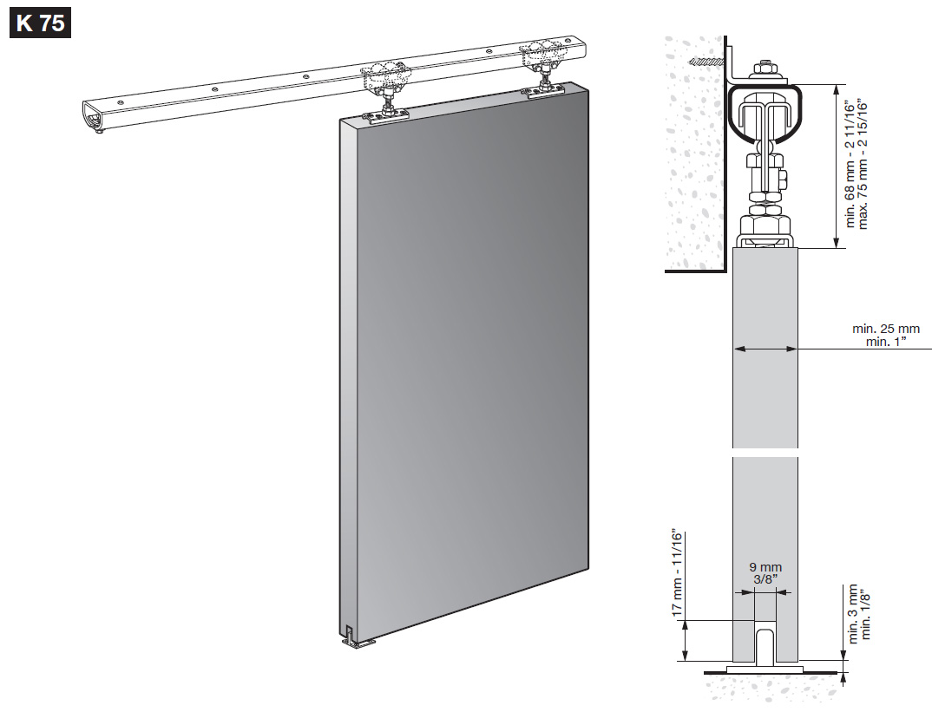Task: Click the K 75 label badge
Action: coord(41,23)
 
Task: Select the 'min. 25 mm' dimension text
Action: coord(886,329)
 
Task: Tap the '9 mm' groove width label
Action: coord(765,568)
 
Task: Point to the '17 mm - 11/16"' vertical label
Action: coord(678,573)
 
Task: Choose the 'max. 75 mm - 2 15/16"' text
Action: coord(863,166)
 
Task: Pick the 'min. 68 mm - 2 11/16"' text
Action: coord(850,166)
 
